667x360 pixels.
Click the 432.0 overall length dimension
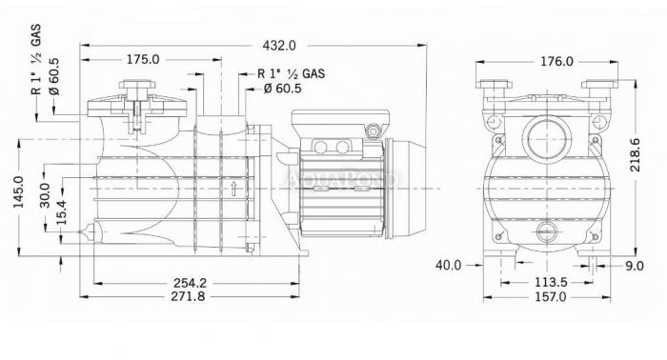[279, 45]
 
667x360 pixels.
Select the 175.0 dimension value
[143, 59]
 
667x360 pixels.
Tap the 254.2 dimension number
[190, 282]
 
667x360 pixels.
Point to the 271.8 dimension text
[188, 296]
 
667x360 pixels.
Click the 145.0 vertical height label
[19, 192]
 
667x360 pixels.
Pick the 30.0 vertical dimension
[45, 195]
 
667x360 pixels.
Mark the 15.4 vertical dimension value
[62, 212]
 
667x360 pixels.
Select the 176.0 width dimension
[556, 62]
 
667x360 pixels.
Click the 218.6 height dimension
[636, 154]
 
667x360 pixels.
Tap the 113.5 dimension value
[551, 282]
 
